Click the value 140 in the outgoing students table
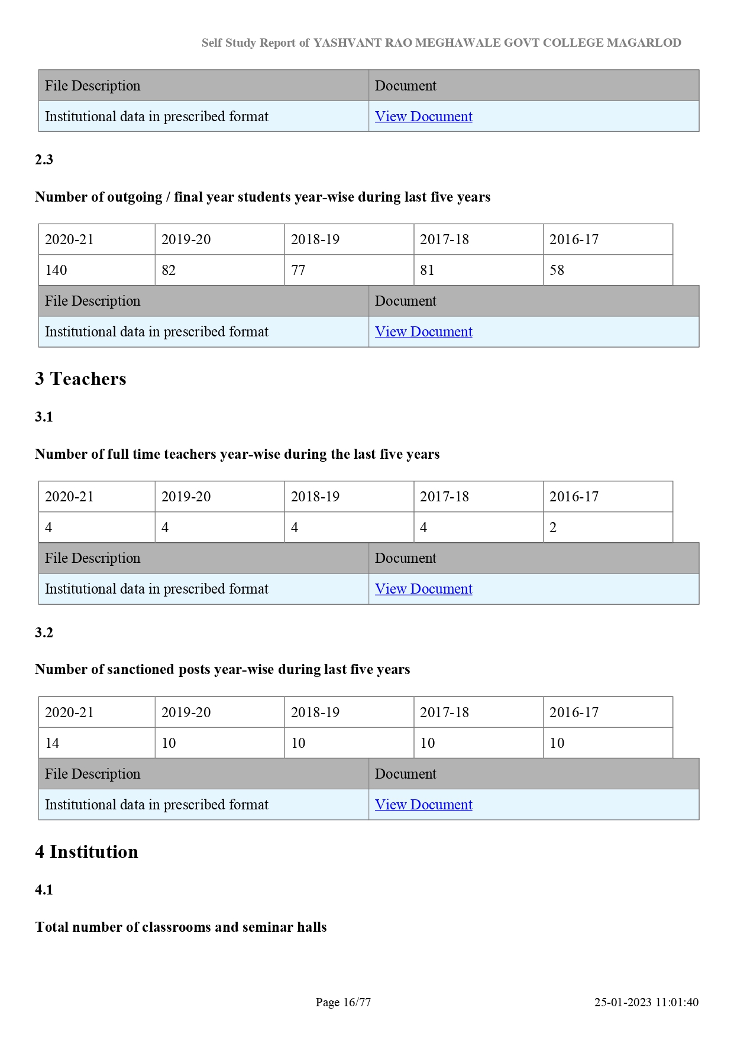tap(56, 270)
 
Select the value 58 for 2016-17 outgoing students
tap(557, 270)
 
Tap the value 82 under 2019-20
tap(169, 270)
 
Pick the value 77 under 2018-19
tap(298, 270)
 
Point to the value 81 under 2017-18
tap(427, 270)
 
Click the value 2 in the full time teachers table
tap(553, 527)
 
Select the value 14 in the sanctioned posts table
tap(52, 743)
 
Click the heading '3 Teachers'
tap(80, 378)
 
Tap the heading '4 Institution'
tap(86, 851)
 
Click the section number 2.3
tap(44, 160)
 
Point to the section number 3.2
tap(44, 633)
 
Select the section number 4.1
tap(44, 890)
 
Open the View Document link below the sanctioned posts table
tap(423, 805)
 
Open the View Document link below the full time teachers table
tap(423, 589)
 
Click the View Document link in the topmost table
tap(423, 116)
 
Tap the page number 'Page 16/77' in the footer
tap(343, 1002)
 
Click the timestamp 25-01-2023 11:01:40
tap(646, 1002)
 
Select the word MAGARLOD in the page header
tap(644, 43)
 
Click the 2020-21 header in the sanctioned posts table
tap(69, 712)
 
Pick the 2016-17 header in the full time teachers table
tap(574, 497)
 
